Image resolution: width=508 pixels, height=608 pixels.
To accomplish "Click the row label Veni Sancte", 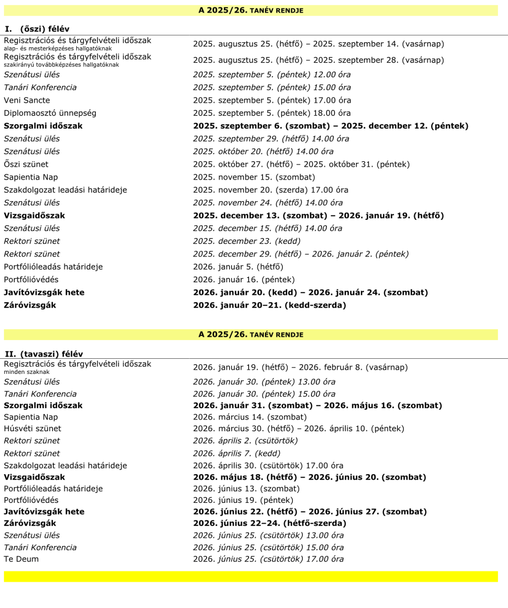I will click(27, 100).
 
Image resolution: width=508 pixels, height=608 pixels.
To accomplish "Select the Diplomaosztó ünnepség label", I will click(50, 113).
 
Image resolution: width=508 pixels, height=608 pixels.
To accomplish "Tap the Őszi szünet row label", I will click(26, 165).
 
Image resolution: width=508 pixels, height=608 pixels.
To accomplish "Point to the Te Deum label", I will click(21, 559).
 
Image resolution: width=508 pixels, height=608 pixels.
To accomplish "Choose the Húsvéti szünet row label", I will click(33, 429).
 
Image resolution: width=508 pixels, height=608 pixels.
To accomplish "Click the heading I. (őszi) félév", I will click(37, 29).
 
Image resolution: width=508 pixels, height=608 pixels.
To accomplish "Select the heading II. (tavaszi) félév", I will click(44, 354).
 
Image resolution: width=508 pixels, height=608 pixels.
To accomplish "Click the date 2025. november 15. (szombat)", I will click(254, 177).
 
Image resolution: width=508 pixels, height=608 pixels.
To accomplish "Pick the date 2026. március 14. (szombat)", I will click(249, 417).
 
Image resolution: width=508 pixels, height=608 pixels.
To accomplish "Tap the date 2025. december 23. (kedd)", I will click(246, 241).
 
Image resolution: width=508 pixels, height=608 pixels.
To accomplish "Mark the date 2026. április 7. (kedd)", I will click(236, 453).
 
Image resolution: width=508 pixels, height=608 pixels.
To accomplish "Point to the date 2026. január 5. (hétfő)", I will click(238, 267).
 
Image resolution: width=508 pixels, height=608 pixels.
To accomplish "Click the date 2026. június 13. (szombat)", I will click(246, 489).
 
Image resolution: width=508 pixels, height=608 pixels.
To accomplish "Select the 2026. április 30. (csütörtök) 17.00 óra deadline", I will click(268, 466).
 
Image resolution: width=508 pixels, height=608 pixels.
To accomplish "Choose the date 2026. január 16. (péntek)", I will click(243, 280).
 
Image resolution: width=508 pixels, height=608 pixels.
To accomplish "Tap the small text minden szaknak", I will click(26, 372).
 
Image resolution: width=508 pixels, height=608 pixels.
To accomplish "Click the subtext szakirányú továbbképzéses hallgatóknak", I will click(61, 65).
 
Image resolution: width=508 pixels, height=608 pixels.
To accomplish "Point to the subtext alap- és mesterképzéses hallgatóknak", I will click(58, 49).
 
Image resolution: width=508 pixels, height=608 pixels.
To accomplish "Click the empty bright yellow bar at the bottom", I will click(251, 577).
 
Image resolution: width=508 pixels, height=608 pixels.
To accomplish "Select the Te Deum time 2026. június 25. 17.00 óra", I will click(268, 559).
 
